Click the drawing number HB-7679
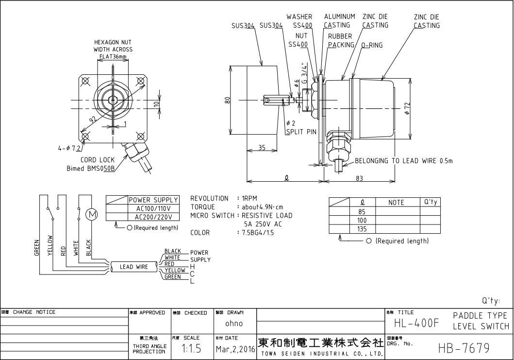[464, 348]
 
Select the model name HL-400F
[416, 323]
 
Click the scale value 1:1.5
[189, 349]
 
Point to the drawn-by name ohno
[234, 324]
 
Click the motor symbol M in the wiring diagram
[91, 214]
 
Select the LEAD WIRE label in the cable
[133, 267]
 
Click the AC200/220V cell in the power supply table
[153, 217]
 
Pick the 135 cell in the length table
[362, 229]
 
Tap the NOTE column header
[398, 202]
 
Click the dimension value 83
[360, 178]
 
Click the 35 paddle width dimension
[262, 148]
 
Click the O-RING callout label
[372, 45]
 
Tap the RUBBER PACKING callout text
[341, 40]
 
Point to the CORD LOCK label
[98, 160]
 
